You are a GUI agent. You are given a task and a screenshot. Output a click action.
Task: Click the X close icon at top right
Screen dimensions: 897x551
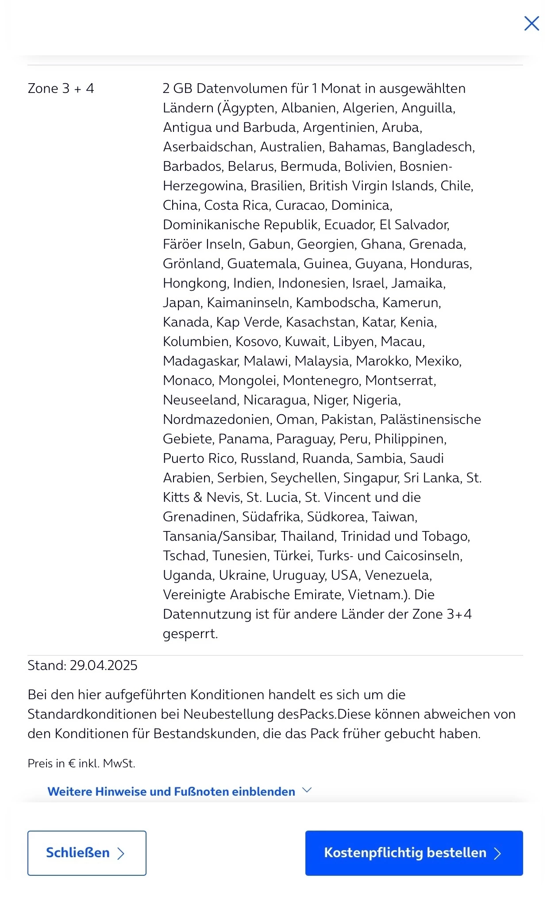coord(531,23)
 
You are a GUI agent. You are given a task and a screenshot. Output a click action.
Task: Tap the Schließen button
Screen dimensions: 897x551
coord(87,853)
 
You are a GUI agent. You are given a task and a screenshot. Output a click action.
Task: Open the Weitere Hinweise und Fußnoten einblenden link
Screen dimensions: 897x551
coord(171,791)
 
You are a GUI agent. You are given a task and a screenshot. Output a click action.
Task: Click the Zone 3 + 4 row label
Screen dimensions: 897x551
coord(61,89)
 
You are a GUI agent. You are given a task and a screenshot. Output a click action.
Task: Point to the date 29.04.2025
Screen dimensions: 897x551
coord(104,665)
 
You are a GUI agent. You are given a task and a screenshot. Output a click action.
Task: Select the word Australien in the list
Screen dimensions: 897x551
coord(291,147)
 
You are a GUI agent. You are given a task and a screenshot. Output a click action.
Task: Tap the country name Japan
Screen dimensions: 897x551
coord(181,303)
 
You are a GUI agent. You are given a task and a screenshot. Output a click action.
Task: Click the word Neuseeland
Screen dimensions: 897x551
coord(201,400)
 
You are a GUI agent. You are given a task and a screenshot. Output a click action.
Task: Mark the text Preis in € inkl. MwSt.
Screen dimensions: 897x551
coord(81,763)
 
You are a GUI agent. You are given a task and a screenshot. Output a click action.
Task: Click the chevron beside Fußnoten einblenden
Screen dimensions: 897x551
coord(307,790)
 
